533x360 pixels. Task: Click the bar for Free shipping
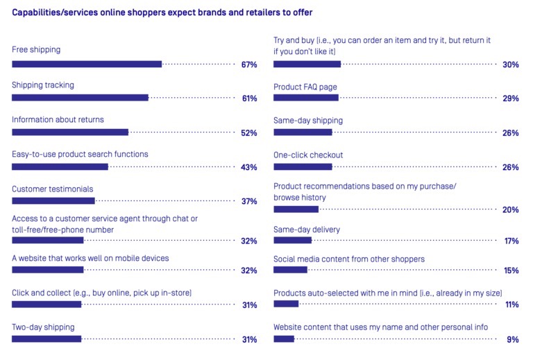(87, 64)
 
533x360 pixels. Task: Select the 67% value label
(249, 65)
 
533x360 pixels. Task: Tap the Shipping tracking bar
(80, 98)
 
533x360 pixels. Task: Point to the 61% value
(249, 98)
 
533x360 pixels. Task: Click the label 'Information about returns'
(58, 119)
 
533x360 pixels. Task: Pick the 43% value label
(249, 167)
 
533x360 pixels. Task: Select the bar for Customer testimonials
(53, 201)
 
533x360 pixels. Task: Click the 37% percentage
(249, 202)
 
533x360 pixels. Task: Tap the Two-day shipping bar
(46, 338)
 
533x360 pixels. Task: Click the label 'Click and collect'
(101, 293)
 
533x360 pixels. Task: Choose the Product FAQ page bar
(306, 98)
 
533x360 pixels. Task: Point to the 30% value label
(511, 65)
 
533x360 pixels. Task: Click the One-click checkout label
(308, 155)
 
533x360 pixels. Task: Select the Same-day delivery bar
(292, 240)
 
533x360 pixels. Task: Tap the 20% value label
(511, 209)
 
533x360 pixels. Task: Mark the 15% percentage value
(511, 271)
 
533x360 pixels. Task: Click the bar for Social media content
(290, 270)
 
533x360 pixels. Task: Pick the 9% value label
(513, 339)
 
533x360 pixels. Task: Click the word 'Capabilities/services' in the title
(52, 12)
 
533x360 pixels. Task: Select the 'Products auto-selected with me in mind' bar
(286, 304)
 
